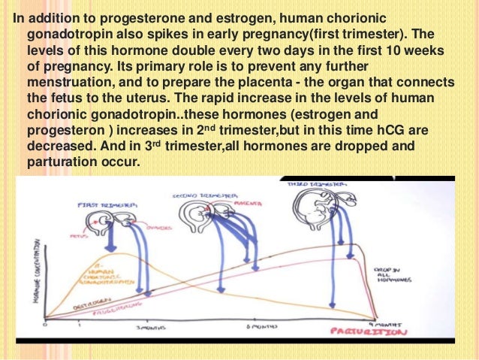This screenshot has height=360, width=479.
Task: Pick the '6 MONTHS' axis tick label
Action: [x=257, y=328]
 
